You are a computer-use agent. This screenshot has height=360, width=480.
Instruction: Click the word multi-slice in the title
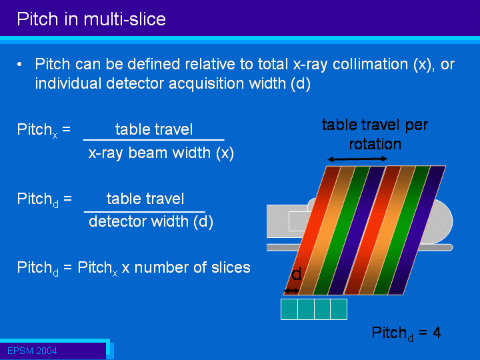pyautogui.click(x=125, y=19)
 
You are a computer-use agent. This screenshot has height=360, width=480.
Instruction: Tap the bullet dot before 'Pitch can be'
pyautogui.click(x=19, y=64)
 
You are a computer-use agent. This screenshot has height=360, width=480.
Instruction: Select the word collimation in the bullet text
pyautogui.click(x=371, y=64)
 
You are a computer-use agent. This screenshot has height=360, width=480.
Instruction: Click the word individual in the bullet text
pyautogui.click(x=68, y=83)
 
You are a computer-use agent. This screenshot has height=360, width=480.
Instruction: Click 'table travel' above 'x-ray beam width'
pyautogui.click(x=154, y=129)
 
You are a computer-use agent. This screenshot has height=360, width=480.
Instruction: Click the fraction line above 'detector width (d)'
pyautogui.click(x=145, y=211)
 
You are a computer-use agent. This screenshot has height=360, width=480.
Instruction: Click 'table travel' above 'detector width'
pyautogui.click(x=145, y=199)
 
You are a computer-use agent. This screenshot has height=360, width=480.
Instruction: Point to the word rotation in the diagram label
pyautogui.click(x=375, y=144)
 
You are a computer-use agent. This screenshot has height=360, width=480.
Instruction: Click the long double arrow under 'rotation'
pyautogui.click(x=357, y=159)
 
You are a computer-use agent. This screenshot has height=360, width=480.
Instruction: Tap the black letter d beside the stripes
pyautogui.click(x=296, y=273)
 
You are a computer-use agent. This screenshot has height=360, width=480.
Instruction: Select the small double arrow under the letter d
pyautogui.click(x=292, y=291)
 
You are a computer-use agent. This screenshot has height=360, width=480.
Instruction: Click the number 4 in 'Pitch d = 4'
pyautogui.click(x=437, y=333)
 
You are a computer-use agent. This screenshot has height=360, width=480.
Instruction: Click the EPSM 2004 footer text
pyautogui.click(x=32, y=351)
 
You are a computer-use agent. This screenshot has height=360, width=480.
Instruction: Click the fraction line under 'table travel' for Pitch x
pyautogui.click(x=154, y=140)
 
